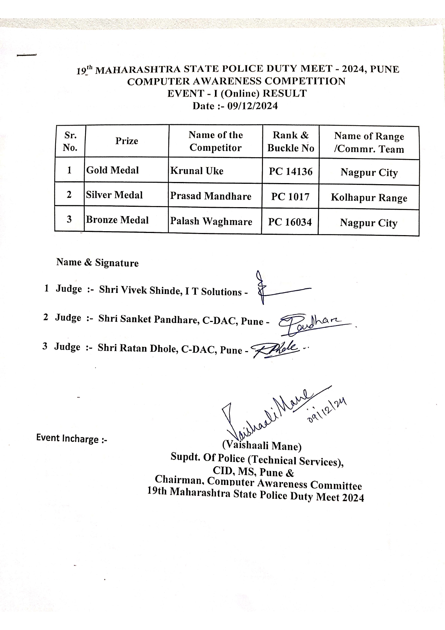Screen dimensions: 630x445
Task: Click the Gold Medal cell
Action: [x=112, y=170]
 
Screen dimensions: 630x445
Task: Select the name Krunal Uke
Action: [x=197, y=171]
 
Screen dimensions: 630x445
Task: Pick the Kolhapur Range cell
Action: [x=369, y=198]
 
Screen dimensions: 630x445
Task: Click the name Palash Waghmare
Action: [x=211, y=221]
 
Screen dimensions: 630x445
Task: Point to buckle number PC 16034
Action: [x=290, y=222]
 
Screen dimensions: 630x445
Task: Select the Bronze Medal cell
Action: [x=117, y=220]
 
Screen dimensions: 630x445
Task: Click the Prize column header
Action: [x=127, y=141]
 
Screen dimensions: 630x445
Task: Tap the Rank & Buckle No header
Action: [x=291, y=141]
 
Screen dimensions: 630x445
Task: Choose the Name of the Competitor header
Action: [x=216, y=141]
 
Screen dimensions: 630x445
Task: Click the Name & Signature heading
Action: [x=97, y=262]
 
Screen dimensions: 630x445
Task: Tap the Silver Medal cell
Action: [x=114, y=195]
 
